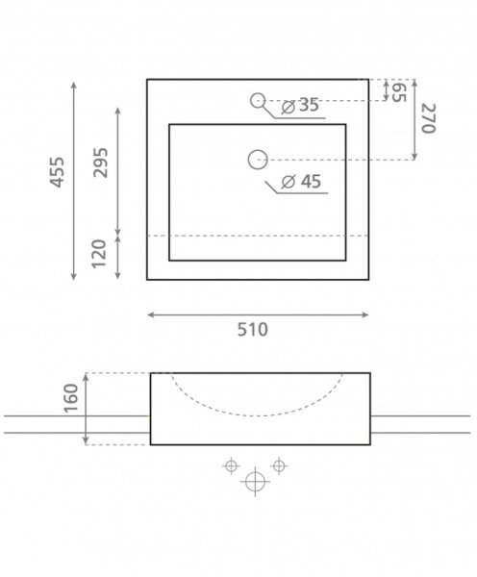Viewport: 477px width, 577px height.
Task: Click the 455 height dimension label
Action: click(57, 172)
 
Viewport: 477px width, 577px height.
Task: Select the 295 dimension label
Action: click(100, 163)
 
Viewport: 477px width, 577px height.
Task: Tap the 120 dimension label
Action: click(99, 254)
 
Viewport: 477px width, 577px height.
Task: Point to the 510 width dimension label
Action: click(253, 329)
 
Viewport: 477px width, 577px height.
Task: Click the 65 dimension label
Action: click(399, 92)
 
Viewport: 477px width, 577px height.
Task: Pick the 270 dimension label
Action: click(428, 118)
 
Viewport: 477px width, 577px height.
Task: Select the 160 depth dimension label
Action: click(71, 398)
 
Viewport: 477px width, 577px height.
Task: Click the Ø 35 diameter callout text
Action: click(300, 105)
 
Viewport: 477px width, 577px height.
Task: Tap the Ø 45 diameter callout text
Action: click(301, 182)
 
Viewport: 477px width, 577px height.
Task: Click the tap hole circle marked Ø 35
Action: click(258, 94)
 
